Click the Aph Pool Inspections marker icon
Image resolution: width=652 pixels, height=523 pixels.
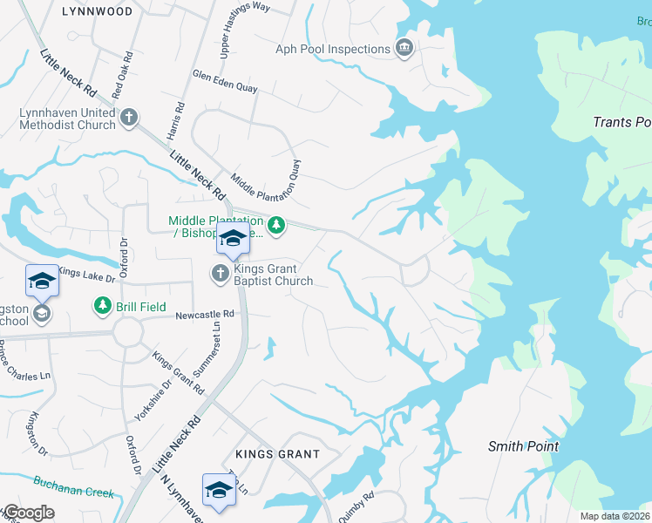click(404, 47)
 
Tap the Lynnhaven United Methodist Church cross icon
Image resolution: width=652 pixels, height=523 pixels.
click(129, 118)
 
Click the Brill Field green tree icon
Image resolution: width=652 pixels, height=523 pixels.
click(103, 306)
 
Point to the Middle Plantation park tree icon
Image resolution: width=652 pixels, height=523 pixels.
click(276, 227)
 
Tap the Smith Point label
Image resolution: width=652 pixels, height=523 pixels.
click(523, 446)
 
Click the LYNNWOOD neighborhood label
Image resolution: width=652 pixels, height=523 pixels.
click(98, 11)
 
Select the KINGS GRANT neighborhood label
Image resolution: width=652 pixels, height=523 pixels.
click(277, 454)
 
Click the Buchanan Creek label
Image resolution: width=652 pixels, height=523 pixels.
click(74, 486)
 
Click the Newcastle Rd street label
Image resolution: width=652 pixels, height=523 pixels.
click(205, 314)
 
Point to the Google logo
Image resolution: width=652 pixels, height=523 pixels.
click(29, 513)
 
